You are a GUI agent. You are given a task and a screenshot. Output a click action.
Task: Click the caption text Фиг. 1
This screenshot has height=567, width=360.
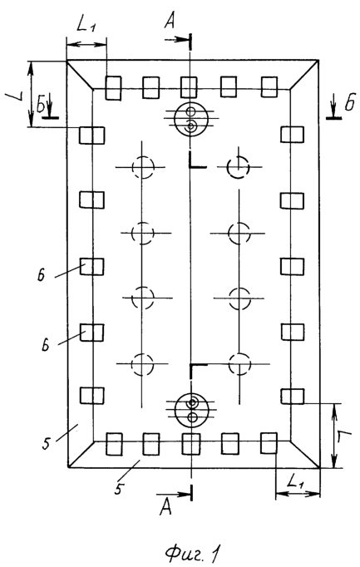[191, 551]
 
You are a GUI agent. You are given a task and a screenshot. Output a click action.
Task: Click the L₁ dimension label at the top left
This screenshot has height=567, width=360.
[86, 25]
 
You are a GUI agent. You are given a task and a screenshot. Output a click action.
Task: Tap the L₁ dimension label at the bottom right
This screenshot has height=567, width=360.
[295, 481]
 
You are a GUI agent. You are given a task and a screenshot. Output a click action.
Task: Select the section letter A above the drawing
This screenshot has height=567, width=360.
[170, 21]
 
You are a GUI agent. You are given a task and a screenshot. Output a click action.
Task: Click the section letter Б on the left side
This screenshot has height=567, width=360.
[42, 106]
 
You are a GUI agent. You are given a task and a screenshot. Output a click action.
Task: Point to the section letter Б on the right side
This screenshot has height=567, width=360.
[349, 104]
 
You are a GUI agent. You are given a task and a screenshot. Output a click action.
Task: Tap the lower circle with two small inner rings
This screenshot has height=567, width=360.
[191, 409]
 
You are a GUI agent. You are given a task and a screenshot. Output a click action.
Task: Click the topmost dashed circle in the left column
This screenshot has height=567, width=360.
[143, 167]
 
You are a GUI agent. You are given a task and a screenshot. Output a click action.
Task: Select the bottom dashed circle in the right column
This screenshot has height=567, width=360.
[239, 364]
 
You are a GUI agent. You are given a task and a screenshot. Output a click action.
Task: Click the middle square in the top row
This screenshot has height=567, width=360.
[189, 87]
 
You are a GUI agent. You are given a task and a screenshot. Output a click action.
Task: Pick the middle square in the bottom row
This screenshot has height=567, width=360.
[191, 444]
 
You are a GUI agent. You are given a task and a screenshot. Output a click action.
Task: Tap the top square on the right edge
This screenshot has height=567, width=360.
[293, 135]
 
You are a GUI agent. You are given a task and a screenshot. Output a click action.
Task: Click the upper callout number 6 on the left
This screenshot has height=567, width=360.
[41, 275]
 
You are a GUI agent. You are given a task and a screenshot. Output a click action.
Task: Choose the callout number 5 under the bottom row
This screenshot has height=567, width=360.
[118, 488]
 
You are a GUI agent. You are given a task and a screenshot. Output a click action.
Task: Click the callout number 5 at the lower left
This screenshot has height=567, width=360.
[46, 443]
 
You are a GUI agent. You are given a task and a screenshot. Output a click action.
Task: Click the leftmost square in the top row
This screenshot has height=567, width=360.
[113, 87]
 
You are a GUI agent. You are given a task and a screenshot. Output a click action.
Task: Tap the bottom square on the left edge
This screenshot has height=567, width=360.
[91, 396]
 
